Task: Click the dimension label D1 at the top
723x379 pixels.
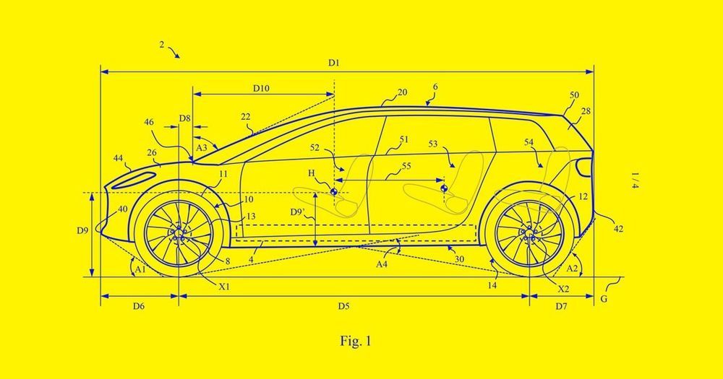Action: click(x=333, y=64)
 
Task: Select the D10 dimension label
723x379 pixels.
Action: click(x=261, y=88)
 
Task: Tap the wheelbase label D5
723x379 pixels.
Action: click(x=343, y=306)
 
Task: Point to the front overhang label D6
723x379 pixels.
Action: click(x=138, y=306)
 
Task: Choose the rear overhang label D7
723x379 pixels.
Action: click(x=562, y=306)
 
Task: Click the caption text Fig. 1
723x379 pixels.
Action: click(x=356, y=339)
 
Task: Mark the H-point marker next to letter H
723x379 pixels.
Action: click(x=334, y=192)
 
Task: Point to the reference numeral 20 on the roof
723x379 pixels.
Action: click(x=402, y=92)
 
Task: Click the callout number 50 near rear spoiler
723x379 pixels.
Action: click(x=574, y=95)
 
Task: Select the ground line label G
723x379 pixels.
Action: click(x=604, y=297)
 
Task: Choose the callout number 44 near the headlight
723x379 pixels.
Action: click(x=117, y=157)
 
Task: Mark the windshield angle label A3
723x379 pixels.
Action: click(x=202, y=147)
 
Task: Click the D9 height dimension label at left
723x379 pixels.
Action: click(x=83, y=232)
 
